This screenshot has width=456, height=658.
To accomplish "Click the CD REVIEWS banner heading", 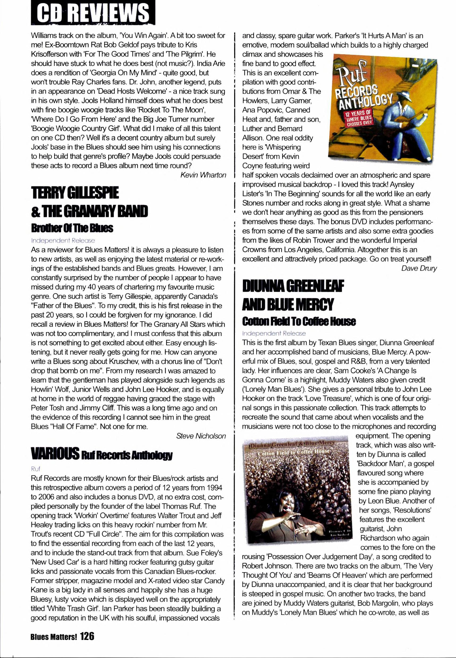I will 93,13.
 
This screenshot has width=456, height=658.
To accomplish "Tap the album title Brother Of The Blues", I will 72,228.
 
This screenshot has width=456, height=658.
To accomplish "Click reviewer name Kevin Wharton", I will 203,175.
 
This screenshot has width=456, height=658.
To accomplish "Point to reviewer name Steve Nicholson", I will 201,436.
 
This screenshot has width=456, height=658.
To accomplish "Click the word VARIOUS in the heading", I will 55,453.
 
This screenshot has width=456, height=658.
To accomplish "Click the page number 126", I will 87,636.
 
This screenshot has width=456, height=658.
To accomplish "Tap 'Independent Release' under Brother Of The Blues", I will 63,241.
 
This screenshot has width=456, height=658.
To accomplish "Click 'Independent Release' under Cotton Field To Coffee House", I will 274,333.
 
